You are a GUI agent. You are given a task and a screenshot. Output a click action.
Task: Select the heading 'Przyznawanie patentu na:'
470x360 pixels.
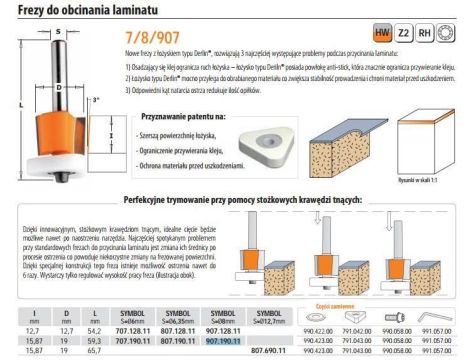point(171,117)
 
